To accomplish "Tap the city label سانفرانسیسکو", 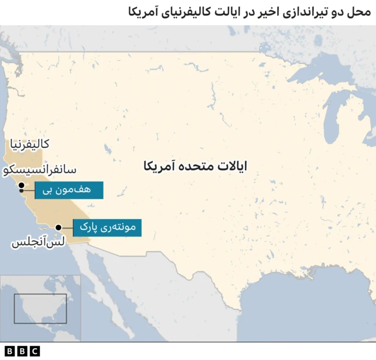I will (39, 170).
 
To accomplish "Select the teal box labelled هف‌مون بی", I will (69, 190).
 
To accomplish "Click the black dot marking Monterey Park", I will (58, 227).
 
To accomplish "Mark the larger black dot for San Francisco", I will (21, 186).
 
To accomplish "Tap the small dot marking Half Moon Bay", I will (22, 191).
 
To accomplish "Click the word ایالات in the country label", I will (230, 167).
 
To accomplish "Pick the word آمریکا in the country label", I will (158, 167).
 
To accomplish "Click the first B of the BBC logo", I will (9, 351).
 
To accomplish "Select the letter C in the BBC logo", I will (34, 351).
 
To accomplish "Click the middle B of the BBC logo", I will (22, 351).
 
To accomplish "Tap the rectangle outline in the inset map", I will (41, 309).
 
